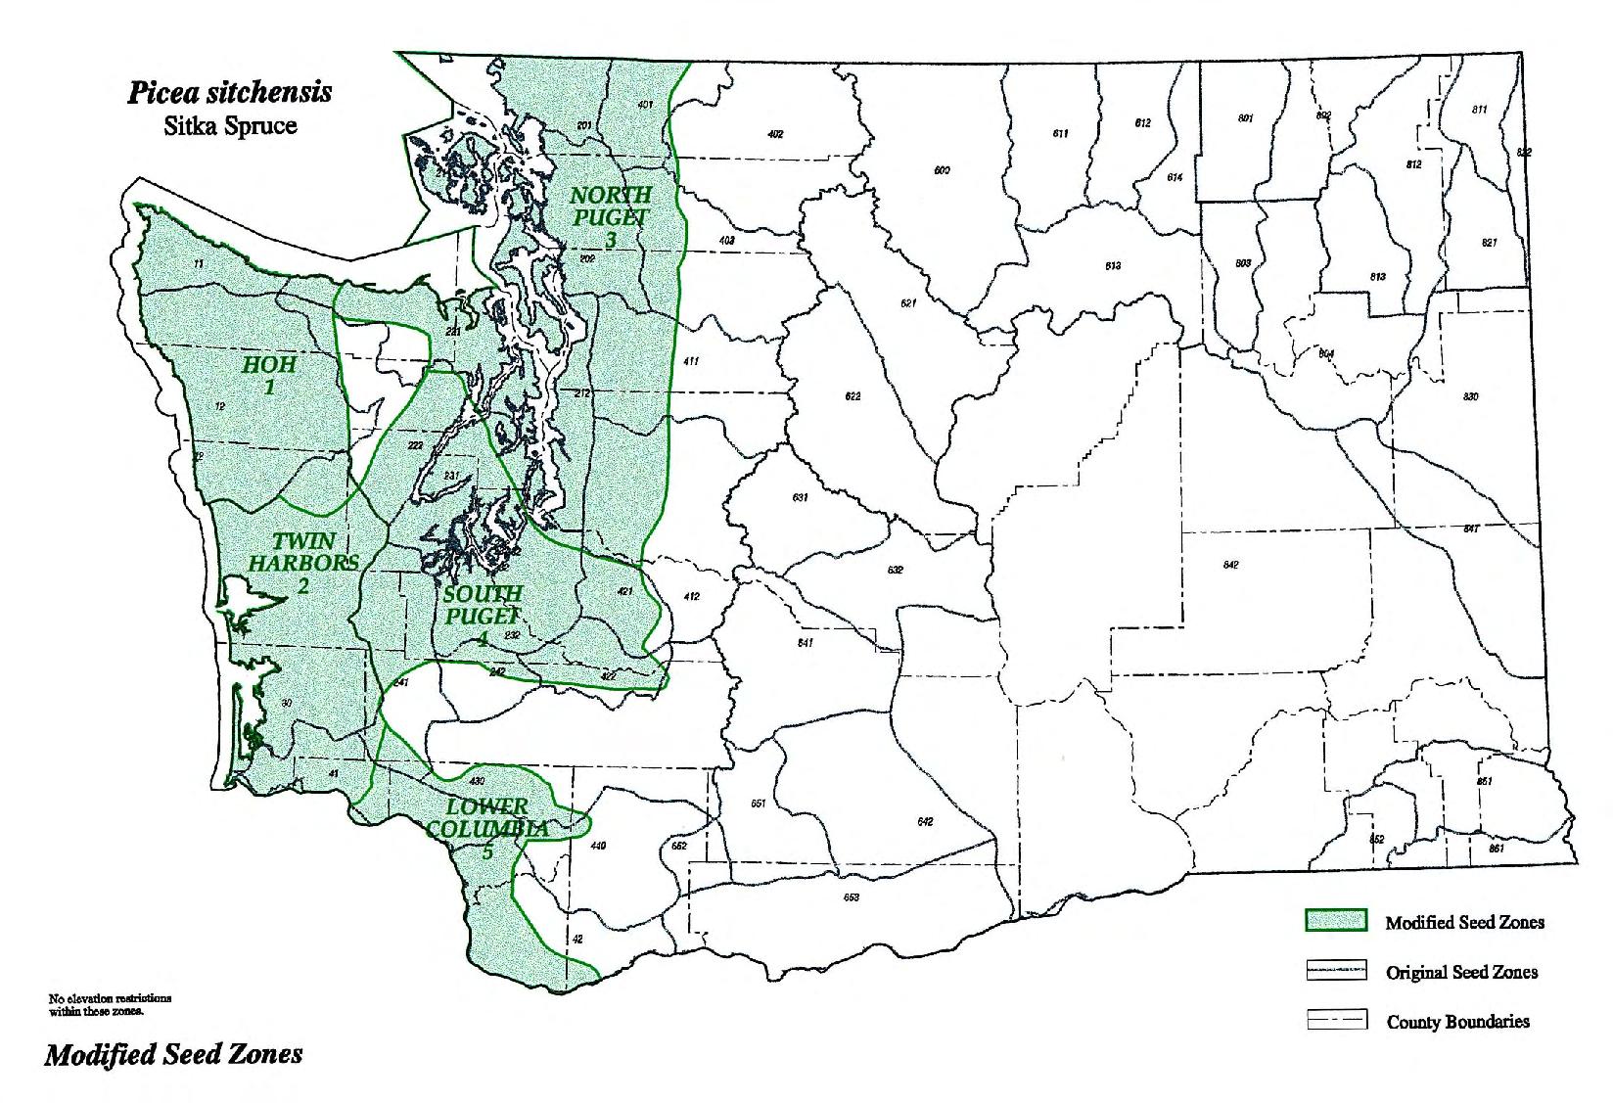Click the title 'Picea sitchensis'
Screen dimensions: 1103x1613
click(x=229, y=93)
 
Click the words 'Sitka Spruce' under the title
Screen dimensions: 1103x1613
click(x=230, y=126)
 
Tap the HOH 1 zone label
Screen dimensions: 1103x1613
click(x=269, y=375)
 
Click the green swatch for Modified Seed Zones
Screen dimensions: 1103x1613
click(x=1336, y=920)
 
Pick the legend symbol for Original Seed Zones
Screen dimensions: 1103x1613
click(x=1336, y=971)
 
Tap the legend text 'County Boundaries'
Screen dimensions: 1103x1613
click(x=1457, y=1022)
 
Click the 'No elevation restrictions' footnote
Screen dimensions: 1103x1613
click(x=110, y=1004)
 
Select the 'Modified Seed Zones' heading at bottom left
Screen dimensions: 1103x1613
click(x=173, y=1055)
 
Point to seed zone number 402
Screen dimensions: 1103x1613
click(x=775, y=134)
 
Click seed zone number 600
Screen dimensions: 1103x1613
click(x=942, y=171)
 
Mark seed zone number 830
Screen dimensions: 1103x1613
click(x=1470, y=396)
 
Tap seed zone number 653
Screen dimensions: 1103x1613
click(x=851, y=897)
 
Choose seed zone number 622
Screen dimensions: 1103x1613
click(x=853, y=396)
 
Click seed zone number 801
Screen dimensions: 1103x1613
click(x=1245, y=118)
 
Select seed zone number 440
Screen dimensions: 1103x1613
click(x=598, y=846)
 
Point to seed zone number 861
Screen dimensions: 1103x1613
click(x=1497, y=850)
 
